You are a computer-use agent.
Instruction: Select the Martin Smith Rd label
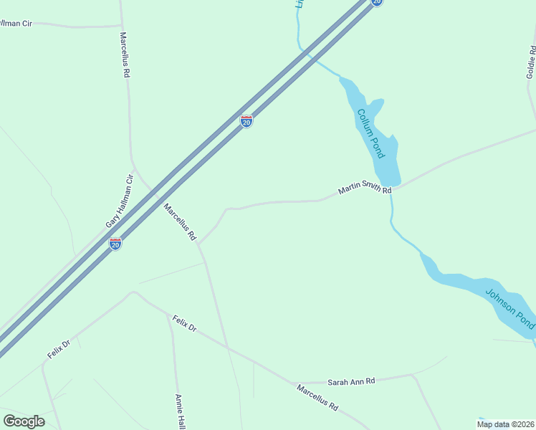coord(365,190)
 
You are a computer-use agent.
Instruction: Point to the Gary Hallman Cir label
coord(120,201)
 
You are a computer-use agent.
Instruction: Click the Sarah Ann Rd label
coord(351,382)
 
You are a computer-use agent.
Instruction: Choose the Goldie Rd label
coord(531,62)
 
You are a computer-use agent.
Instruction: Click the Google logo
coord(24,421)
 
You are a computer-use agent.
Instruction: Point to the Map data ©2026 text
coord(506,424)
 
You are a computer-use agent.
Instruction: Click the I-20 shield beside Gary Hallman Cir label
coord(115,244)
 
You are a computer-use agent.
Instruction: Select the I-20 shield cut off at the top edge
coord(377,2)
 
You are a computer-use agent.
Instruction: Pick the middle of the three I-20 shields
coord(247,121)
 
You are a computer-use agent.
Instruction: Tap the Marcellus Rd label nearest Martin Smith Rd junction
coord(179,221)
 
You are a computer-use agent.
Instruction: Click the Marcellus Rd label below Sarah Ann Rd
coord(317,396)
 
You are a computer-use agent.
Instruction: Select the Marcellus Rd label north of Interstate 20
coord(125,54)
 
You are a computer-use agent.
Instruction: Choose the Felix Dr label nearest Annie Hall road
coord(184,323)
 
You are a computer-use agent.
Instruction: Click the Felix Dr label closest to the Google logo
coord(59,350)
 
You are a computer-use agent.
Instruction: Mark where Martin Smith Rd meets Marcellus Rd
coord(199,244)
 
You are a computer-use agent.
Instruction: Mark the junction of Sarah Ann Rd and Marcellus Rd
coord(295,383)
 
